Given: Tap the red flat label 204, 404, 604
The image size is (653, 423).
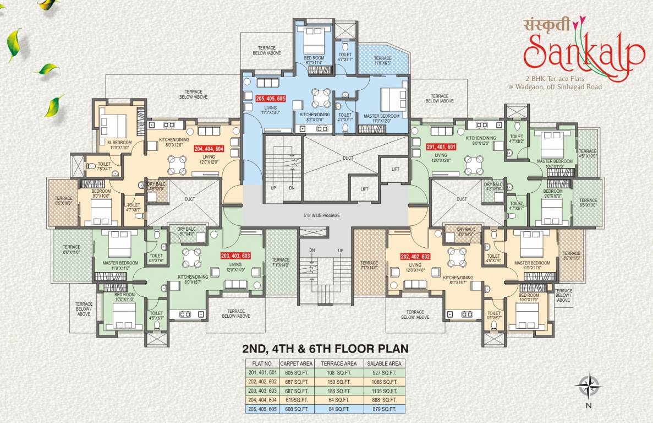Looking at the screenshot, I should point(210,148).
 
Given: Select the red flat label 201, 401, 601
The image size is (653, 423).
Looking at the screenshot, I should point(441,147).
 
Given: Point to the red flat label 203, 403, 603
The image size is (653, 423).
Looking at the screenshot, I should point(236,256).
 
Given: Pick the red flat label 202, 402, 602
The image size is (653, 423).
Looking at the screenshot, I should point(416,256).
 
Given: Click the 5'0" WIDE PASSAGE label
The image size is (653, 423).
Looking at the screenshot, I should point(325,215).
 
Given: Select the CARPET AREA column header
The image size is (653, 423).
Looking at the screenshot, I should point(297,364).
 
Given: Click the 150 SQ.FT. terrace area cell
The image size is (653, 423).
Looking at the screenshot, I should point(342,381).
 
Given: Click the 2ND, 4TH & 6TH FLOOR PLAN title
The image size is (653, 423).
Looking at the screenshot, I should point(325,348).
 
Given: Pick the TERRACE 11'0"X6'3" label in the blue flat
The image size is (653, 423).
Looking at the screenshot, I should point(383,61).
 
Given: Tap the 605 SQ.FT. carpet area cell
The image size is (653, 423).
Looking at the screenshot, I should point(297,372).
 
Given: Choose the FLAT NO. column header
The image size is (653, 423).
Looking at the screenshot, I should point(262,364).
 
